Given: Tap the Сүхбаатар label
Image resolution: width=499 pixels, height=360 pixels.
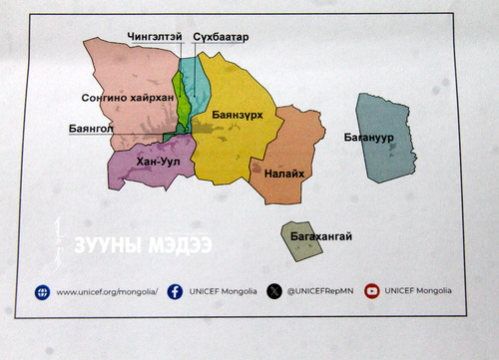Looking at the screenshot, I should pos(221,37).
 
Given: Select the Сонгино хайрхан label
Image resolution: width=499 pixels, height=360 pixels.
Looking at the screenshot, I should pos(129,98).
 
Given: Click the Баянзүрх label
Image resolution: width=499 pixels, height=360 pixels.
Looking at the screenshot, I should pos(238,115).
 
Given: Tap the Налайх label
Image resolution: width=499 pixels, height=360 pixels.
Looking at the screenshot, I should pos(284,174).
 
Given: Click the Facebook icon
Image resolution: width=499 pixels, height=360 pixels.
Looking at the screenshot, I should pos(176,291).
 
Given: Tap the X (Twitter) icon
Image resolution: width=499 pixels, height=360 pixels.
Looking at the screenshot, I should pos(274,291).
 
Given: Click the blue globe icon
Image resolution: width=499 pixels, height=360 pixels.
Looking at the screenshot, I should pos(42,292).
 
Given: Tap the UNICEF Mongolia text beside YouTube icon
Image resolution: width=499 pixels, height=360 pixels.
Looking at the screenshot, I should pos(418,290).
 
